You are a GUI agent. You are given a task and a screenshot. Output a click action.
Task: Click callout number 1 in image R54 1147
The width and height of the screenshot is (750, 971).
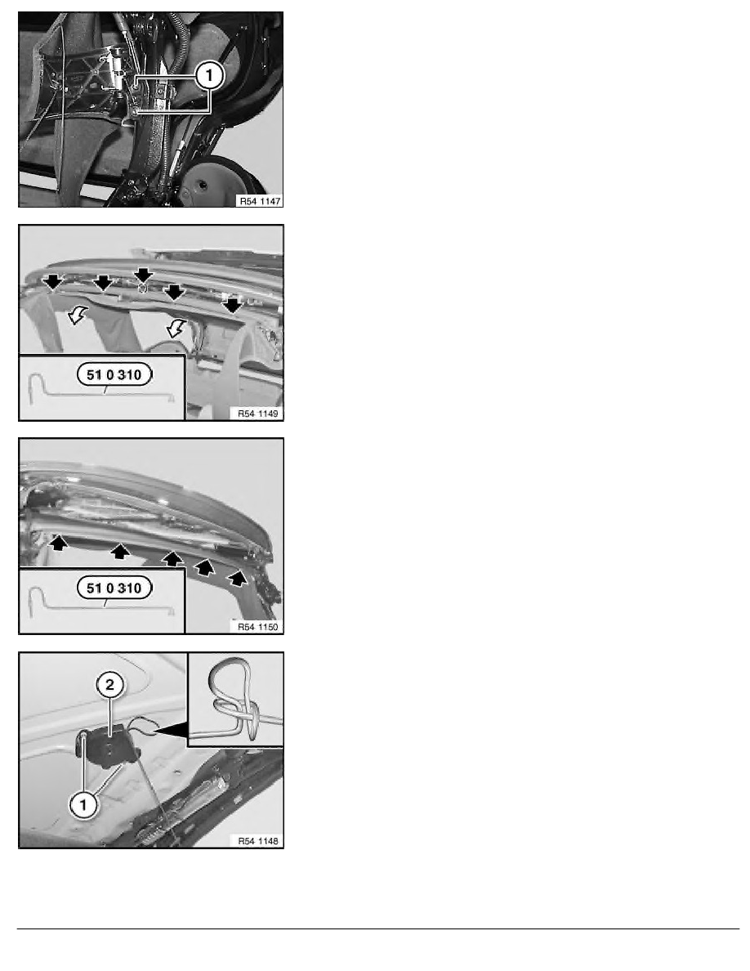[209, 75]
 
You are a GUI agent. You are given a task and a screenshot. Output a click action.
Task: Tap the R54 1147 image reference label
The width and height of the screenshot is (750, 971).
[260, 201]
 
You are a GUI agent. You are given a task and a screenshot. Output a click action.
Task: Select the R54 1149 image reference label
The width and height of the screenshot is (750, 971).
[258, 414]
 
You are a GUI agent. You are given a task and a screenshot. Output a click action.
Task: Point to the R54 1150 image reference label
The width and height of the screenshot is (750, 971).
[258, 627]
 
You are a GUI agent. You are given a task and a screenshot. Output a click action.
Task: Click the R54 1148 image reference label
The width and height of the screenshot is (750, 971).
[258, 841]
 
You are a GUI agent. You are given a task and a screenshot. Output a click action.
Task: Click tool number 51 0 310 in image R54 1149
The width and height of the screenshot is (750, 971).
[114, 374]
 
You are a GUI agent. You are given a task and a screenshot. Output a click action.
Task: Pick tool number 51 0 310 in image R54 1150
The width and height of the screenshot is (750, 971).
[114, 588]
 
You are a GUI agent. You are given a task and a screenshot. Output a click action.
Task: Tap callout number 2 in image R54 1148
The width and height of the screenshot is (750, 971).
[110, 685]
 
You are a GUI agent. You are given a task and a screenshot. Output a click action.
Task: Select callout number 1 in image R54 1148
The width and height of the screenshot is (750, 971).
[83, 805]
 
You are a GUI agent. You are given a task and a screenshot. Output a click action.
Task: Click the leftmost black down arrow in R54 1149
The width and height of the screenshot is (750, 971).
[53, 282]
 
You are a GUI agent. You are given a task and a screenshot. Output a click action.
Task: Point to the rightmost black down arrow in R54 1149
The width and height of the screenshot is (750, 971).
[232, 306]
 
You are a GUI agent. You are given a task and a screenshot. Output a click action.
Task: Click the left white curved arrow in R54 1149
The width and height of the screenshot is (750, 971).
[78, 315]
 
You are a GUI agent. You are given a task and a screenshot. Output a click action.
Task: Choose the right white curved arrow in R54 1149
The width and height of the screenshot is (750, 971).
[177, 327]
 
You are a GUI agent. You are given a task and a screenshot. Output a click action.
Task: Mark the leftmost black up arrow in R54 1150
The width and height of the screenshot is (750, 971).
[59, 543]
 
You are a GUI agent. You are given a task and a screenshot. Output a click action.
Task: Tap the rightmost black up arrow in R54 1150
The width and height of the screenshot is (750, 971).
[236, 579]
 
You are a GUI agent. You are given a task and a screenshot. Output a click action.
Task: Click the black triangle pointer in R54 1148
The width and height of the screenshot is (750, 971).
[171, 731]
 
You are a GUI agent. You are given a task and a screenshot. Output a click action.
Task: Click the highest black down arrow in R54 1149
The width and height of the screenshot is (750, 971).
[144, 275]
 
